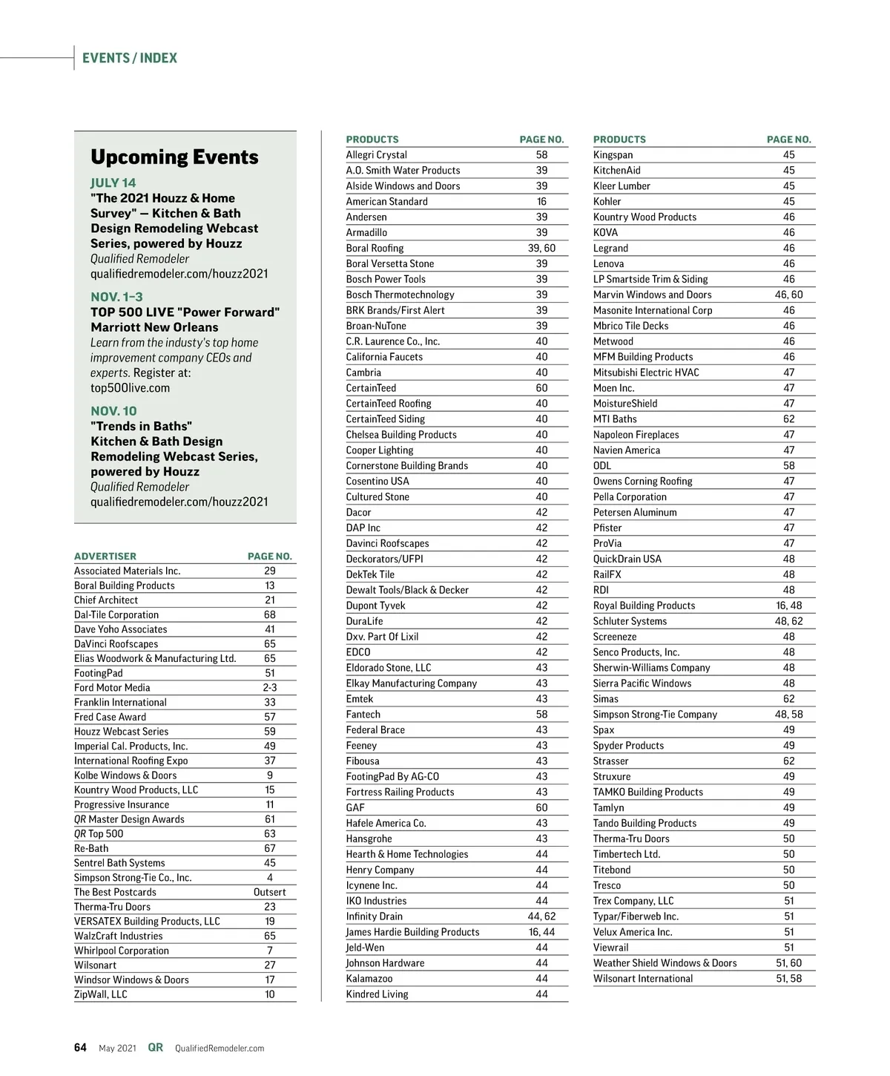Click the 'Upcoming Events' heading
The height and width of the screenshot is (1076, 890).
point(174,157)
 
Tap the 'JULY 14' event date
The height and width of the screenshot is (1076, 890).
point(113,183)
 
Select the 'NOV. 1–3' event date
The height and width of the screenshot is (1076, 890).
point(117,297)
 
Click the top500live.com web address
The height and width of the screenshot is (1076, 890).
point(130,388)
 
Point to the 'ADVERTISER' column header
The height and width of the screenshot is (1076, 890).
point(105,556)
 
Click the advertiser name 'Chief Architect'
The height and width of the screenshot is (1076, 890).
point(106,600)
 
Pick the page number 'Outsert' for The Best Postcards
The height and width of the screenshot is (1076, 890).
point(269,893)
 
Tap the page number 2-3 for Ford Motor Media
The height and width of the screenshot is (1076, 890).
point(269,688)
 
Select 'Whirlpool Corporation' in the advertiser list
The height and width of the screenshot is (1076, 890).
point(122,951)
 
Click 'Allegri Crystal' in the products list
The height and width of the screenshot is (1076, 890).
point(376,155)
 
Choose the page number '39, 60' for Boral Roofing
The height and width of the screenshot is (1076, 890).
point(541,249)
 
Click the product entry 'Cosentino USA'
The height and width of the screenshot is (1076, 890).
point(378,482)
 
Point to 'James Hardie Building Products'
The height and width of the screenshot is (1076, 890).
point(412,932)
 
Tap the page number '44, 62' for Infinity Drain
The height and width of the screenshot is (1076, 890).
point(541,916)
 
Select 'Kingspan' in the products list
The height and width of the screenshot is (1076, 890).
point(613,155)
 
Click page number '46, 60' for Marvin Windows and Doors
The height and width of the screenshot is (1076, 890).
point(788,295)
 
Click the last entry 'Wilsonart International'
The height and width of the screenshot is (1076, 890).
point(643,979)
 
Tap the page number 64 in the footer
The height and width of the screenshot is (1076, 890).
point(80,1048)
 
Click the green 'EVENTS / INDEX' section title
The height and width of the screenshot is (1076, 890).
point(130,58)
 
